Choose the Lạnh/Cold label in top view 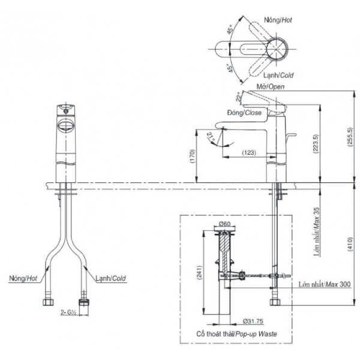coord(278,77)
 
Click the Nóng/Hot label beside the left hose coord(23,278)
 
